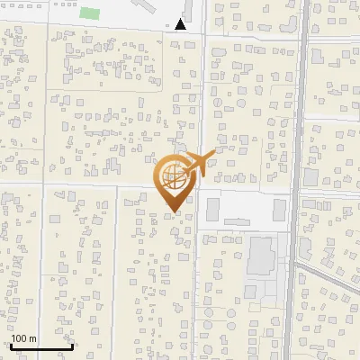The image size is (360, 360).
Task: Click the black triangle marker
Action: [x=182, y=25]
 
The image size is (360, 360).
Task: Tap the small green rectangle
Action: [x=90, y=13]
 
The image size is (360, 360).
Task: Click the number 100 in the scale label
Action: [x=19, y=338]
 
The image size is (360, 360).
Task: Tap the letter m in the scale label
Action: [x=32, y=338]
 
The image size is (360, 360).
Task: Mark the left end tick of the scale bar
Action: [x=10, y=346]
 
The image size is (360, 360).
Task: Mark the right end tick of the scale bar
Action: [x=72, y=346]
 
